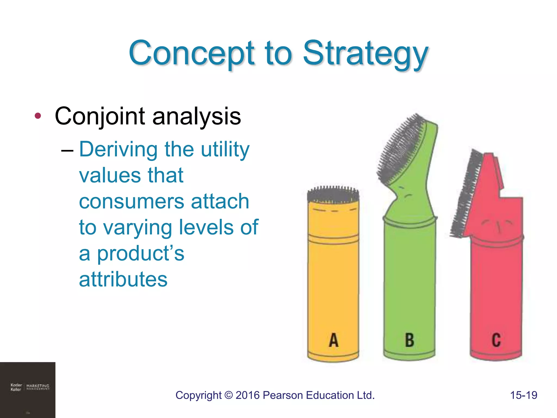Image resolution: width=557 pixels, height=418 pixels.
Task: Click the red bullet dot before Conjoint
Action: [38, 116]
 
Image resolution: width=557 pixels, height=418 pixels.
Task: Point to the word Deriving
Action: [118, 150]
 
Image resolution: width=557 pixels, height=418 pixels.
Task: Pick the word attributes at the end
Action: [123, 279]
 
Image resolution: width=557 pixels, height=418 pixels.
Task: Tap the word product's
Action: [140, 254]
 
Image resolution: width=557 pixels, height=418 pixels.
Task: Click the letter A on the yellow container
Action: [333, 340]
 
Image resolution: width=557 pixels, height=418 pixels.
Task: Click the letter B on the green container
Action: [409, 340]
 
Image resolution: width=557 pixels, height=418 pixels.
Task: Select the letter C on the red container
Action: [496, 340]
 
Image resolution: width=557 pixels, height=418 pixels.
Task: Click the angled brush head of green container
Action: [401, 148]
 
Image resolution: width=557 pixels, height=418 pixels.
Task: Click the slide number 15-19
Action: [524, 395]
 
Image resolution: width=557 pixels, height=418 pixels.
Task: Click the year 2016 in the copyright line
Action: [247, 395]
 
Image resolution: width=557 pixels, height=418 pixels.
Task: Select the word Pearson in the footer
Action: [283, 395]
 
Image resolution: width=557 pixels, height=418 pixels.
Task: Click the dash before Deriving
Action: [67, 150]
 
